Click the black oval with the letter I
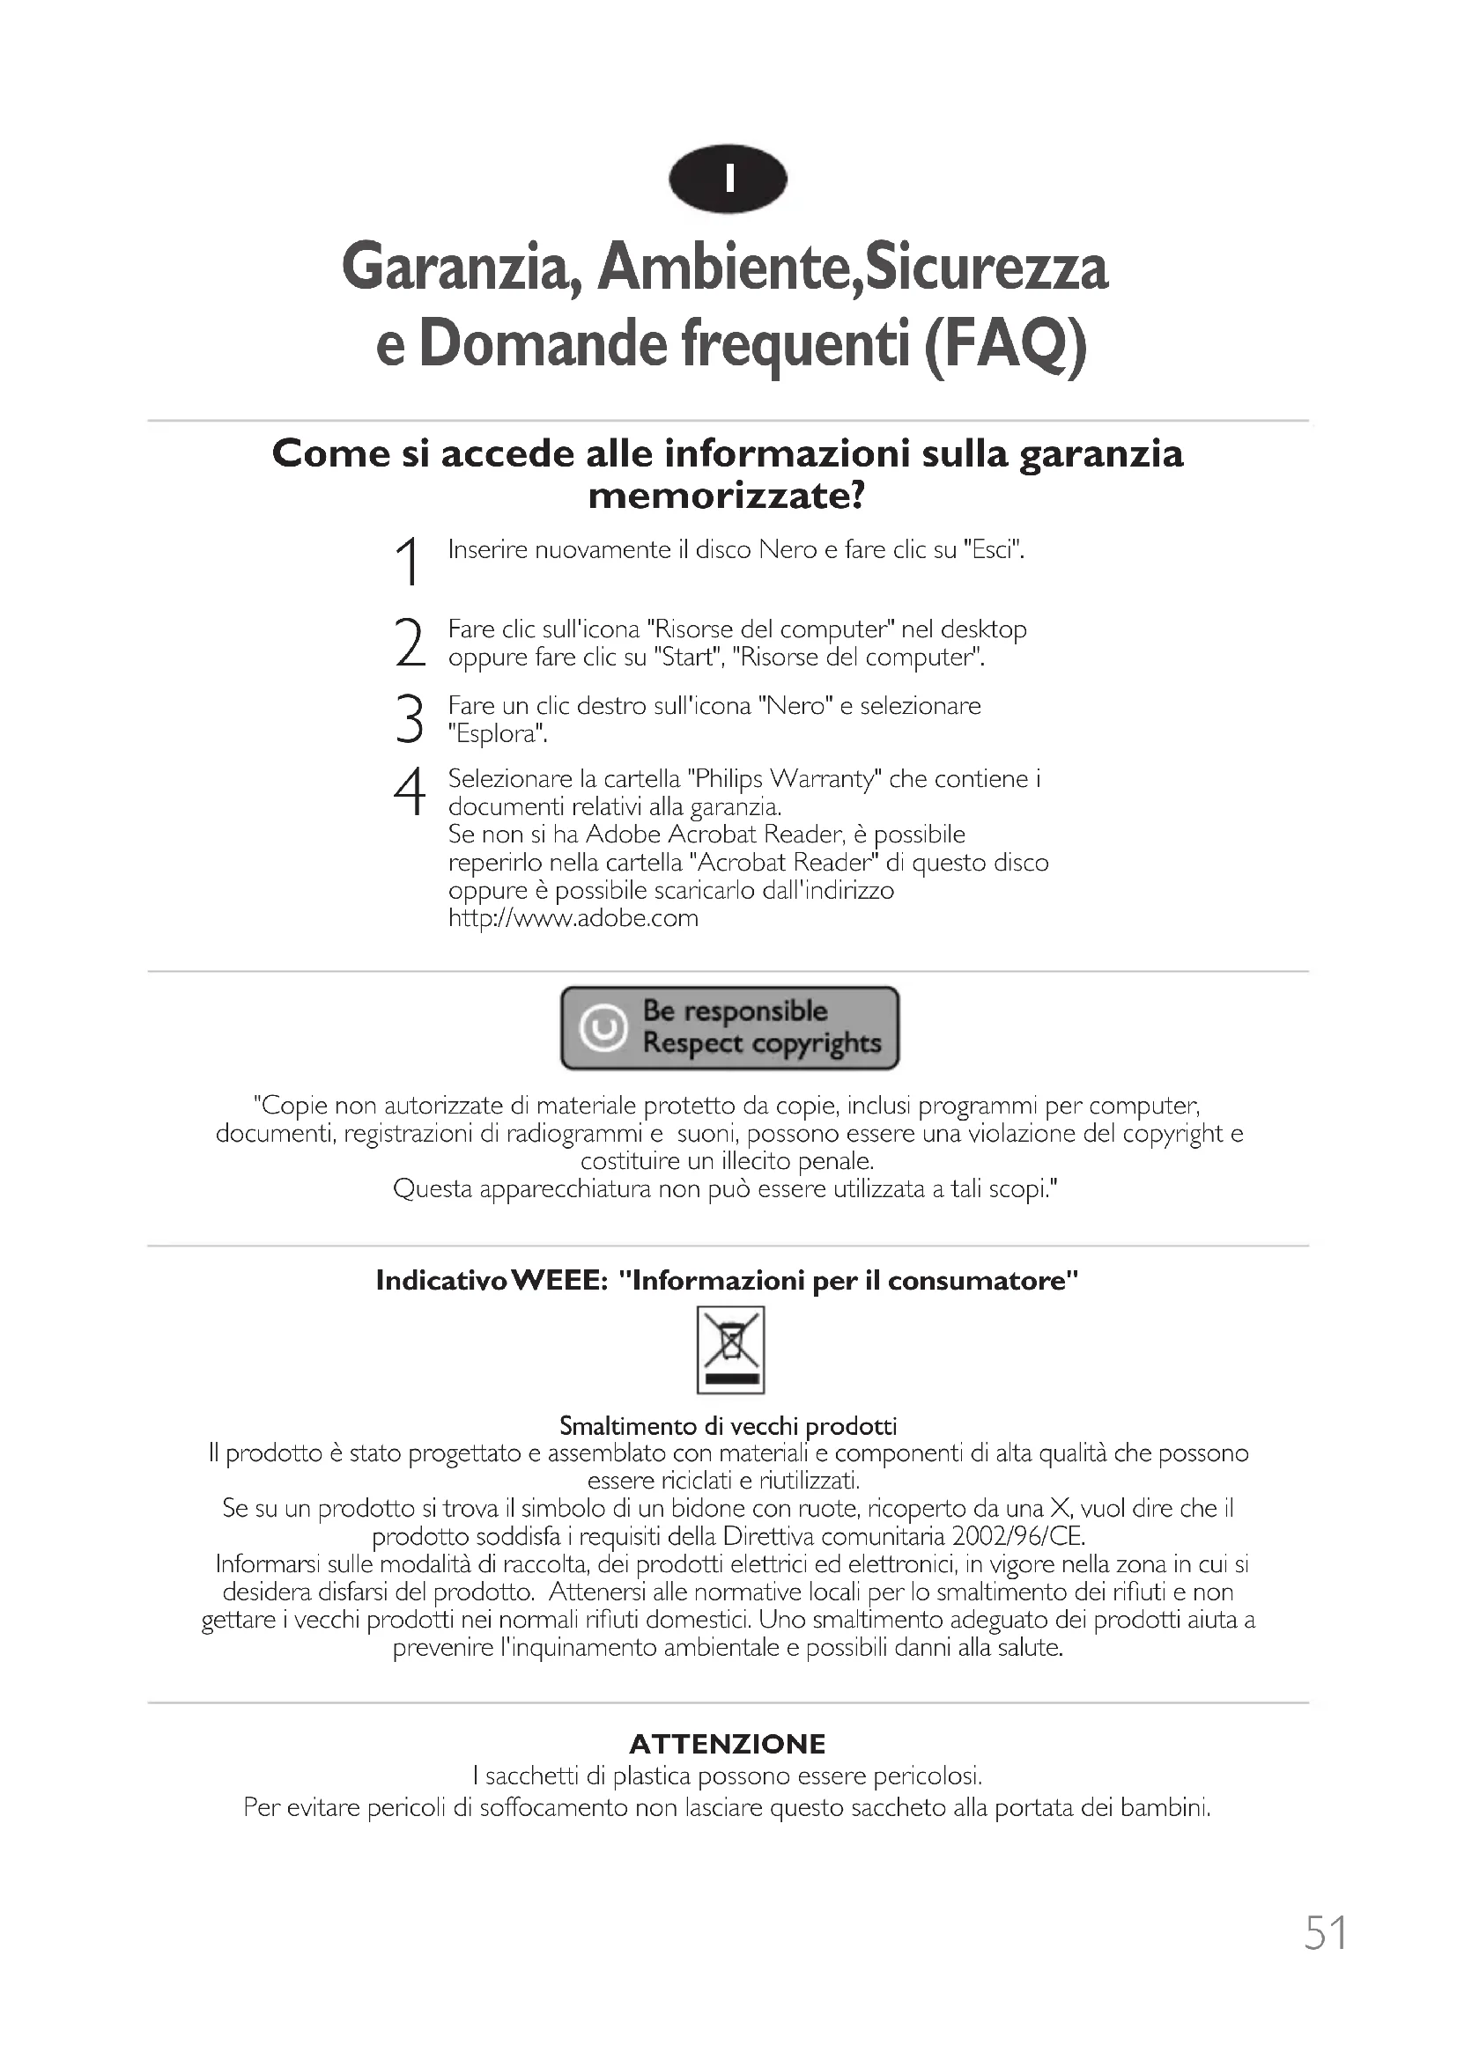click(x=728, y=180)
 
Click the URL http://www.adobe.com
click(x=573, y=918)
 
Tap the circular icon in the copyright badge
click(x=603, y=1027)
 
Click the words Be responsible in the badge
click(x=735, y=1011)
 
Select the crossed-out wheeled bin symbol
click(x=730, y=1349)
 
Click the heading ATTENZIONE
click(x=728, y=1744)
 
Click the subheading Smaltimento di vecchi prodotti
click(x=728, y=1425)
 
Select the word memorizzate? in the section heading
click(x=727, y=496)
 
